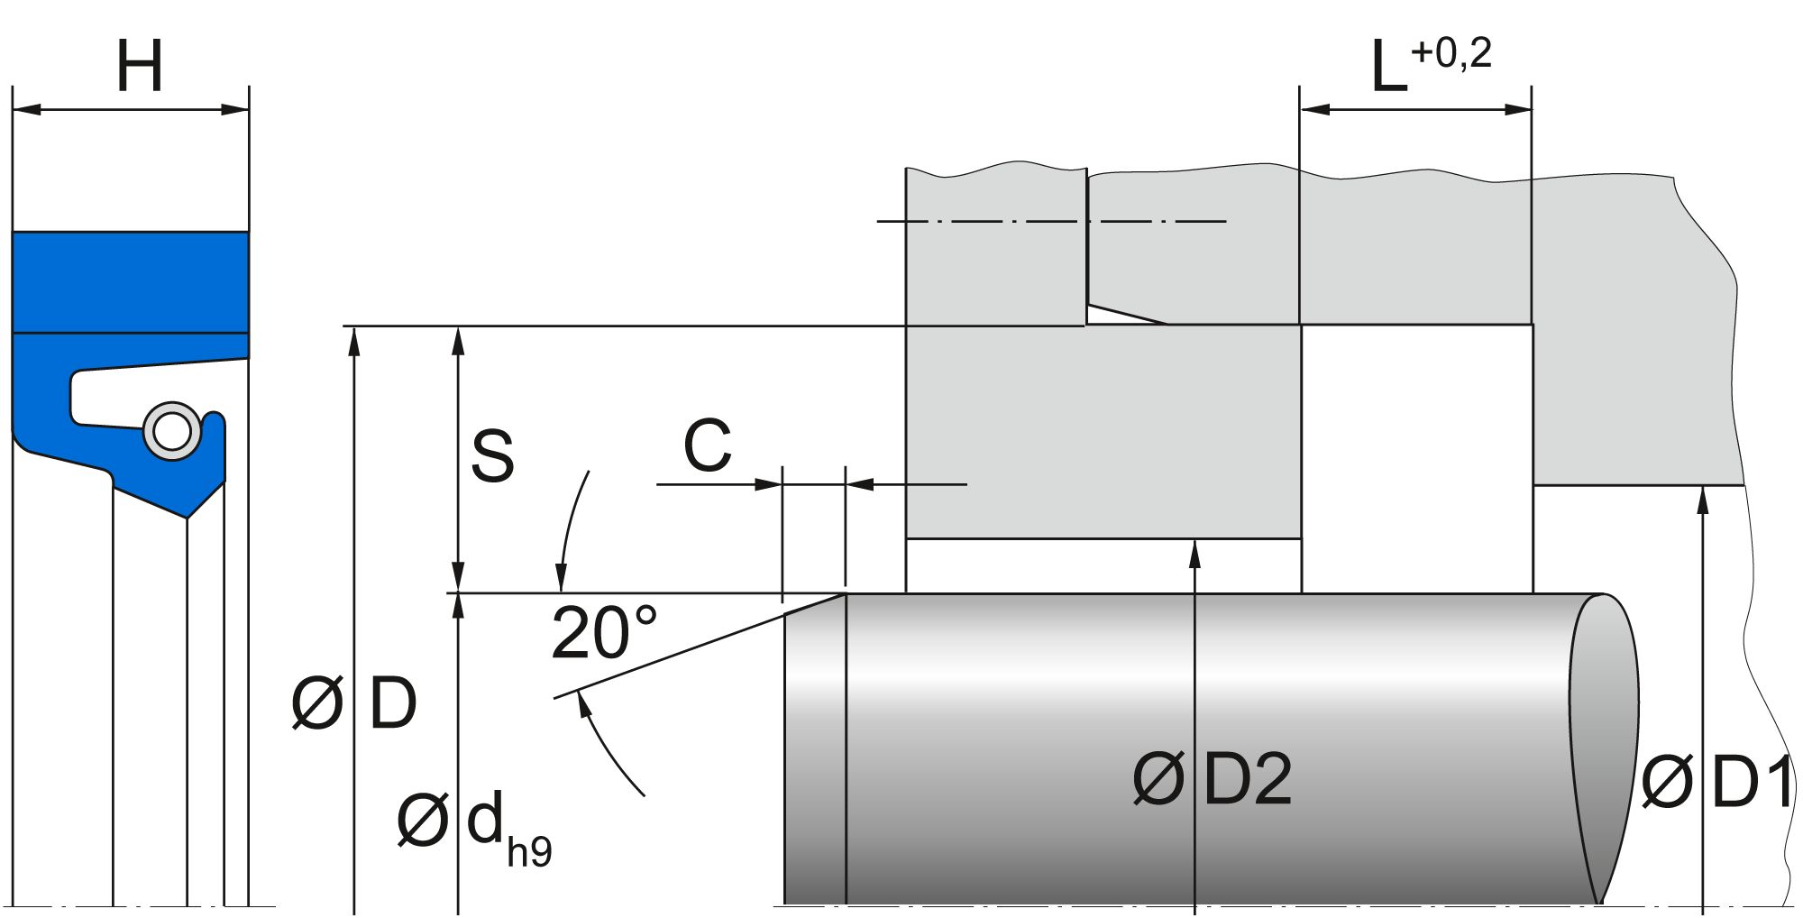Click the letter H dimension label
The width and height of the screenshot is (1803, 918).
click(140, 67)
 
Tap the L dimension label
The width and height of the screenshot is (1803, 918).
click(1388, 69)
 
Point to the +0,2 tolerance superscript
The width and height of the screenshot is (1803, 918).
click(1451, 54)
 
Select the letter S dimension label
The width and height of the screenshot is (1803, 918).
click(492, 455)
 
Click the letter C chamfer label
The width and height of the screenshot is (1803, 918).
click(707, 445)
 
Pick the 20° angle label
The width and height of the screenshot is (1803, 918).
click(604, 633)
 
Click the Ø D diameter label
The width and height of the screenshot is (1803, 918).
click(354, 703)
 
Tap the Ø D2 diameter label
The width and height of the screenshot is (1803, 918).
click(1213, 779)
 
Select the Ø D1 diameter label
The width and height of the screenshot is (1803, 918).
click(1717, 783)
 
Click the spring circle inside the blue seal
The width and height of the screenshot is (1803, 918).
click(171, 431)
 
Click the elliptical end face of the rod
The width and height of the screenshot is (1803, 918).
click(1605, 748)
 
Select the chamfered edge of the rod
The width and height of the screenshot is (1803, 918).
click(815, 603)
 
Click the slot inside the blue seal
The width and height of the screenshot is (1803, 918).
click(108, 397)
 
